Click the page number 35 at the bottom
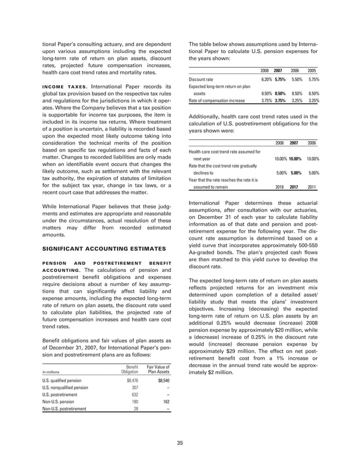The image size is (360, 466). pos(179,443)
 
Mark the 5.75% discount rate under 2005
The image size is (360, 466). pos(313,80)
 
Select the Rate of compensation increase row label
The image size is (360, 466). pos(217,100)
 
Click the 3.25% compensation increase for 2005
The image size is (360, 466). pos(313,100)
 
